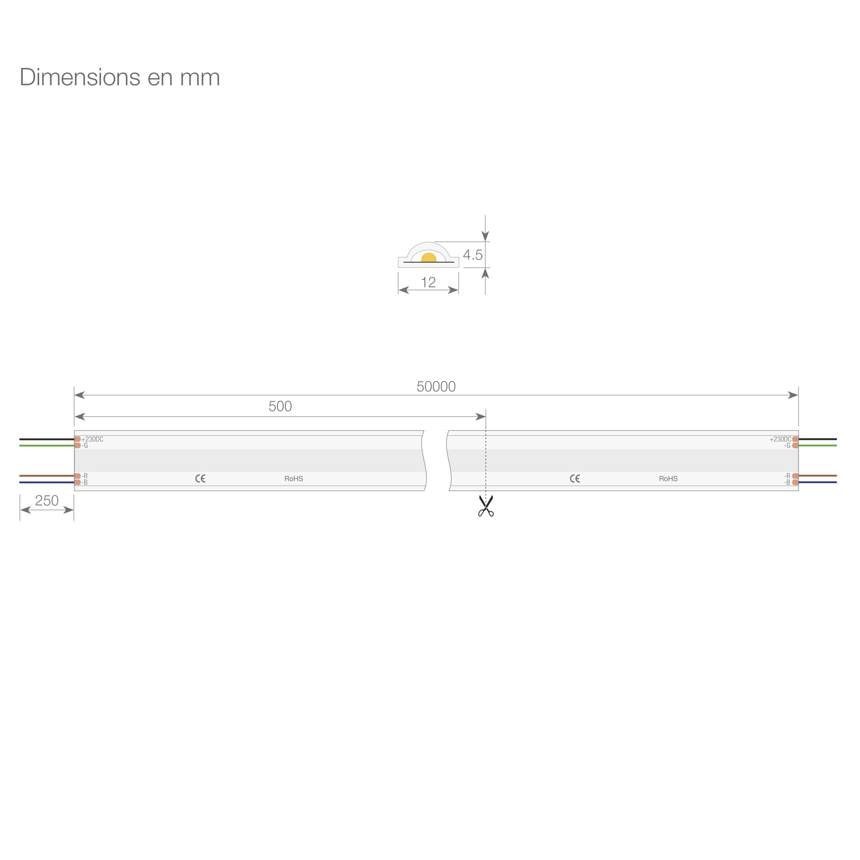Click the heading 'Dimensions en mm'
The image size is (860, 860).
pyautogui.click(x=120, y=77)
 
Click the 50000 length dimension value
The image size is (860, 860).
pyautogui.click(x=436, y=387)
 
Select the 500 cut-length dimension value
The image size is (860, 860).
pyautogui.click(x=280, y=406)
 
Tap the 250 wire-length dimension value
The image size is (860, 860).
pyautogui.click(x=47, y=501)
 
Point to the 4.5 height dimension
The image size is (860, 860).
pyautogui.click(x=473, y=255)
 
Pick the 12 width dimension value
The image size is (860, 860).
pyautogui.click(x=428, y=282)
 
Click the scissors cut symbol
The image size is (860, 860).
pyautogui.click(x=485, y=506)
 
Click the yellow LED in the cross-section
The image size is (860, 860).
pyautogui.click(x=429, y=257)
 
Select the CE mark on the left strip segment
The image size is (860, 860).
pyautogui.click(x=200, y=479)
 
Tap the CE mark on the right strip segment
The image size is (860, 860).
pyautogui.click(x=575, y=479)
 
